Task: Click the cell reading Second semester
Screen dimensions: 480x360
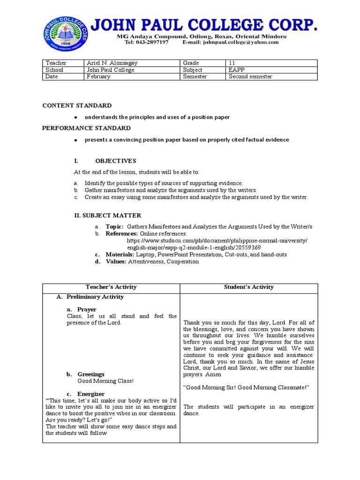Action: click(271, 76)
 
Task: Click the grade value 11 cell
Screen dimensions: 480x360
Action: click(271, 63)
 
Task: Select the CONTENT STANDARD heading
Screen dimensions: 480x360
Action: click(77, 105)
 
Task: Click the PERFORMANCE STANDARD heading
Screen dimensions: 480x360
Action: click(86, 128)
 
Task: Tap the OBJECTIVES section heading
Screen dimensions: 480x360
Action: click(116, 161)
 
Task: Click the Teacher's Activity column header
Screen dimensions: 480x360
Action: click(111, 287)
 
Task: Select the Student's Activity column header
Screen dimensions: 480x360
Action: click(248, 287)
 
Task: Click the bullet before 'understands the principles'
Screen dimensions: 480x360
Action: click(75, 117)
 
